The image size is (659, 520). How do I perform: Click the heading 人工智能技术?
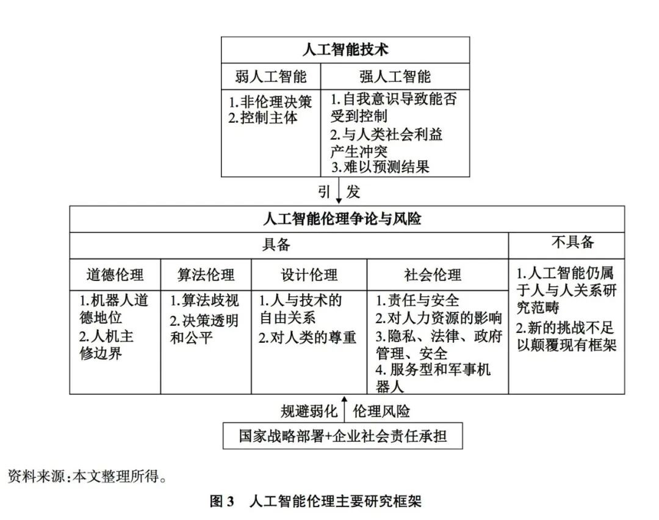pos(345,49)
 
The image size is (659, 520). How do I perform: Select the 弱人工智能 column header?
pos(271,76)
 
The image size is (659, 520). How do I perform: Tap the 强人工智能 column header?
pos(395,76)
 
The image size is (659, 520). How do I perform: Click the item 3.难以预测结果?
pos(381,166)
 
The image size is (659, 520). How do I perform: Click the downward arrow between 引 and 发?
pos(339,191)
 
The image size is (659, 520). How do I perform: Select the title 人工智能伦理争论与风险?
pos(347,219)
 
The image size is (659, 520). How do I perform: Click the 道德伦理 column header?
pos(115,274)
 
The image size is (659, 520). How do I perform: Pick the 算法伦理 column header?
pos(206,274)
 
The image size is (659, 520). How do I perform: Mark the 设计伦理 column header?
pos(309,274)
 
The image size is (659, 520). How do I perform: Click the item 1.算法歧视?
pos(205,301)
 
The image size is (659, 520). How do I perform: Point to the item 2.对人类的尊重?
pos(308,337)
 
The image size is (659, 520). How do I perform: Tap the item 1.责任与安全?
pos(417,301)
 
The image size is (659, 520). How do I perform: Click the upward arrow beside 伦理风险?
pos(344,409)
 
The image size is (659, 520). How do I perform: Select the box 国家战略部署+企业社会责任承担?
pos(342,436)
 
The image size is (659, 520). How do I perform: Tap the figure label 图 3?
pos(222,502)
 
